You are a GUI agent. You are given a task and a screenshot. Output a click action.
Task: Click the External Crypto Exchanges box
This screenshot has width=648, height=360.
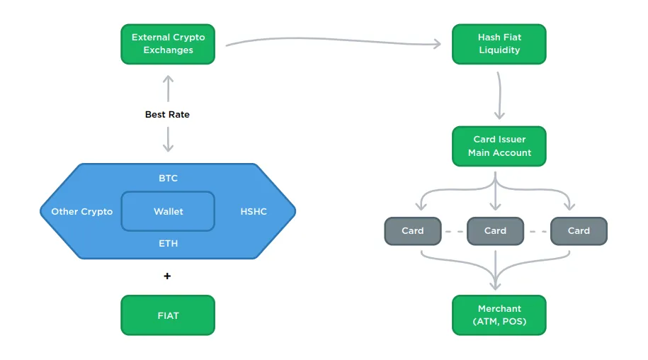coord(168,44)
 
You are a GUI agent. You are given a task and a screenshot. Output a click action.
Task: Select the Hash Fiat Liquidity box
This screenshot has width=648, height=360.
coord(499,44)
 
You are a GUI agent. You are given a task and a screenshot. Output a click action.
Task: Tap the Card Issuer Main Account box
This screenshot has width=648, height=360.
coord(499,146)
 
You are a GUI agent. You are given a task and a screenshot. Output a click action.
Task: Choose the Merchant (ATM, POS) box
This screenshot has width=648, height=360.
coord(499,315)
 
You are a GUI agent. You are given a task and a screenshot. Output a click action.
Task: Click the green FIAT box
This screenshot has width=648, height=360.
coord(168,315)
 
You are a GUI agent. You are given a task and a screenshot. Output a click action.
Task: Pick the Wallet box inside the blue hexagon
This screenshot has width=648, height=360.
coord(168,211)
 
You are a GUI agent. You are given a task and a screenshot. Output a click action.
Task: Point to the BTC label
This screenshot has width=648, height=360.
coord(169,178)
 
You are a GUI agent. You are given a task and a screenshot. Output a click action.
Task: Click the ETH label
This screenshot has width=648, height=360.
coord(169,244)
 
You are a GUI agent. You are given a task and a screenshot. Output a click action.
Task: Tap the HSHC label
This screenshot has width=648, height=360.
coord(254,212)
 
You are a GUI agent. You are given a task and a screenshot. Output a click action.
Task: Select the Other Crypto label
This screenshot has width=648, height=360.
coord(82,212)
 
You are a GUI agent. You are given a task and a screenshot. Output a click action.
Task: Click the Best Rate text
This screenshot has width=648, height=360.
coord(167,115)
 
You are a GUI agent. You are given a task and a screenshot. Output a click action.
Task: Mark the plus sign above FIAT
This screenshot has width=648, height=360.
coord(167,276)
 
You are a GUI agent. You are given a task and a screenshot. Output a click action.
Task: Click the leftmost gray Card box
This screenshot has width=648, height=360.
coord(413,231)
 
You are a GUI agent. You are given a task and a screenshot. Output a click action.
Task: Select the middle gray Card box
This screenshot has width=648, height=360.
coord(496,231)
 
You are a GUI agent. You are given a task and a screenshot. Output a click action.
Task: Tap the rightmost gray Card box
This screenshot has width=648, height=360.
coord(579,231)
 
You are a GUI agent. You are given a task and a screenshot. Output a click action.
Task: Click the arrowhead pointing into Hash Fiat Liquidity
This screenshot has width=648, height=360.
coord(437,44)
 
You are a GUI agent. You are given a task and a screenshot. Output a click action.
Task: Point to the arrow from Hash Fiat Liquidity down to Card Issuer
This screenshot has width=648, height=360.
coord(500,96)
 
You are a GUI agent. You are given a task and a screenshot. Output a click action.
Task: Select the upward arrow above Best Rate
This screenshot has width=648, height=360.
coord(168,89)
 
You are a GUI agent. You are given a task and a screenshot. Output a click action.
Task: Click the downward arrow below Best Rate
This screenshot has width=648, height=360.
coord(168,140)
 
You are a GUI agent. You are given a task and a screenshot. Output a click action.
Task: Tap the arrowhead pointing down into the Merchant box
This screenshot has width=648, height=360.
coord(496,286)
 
